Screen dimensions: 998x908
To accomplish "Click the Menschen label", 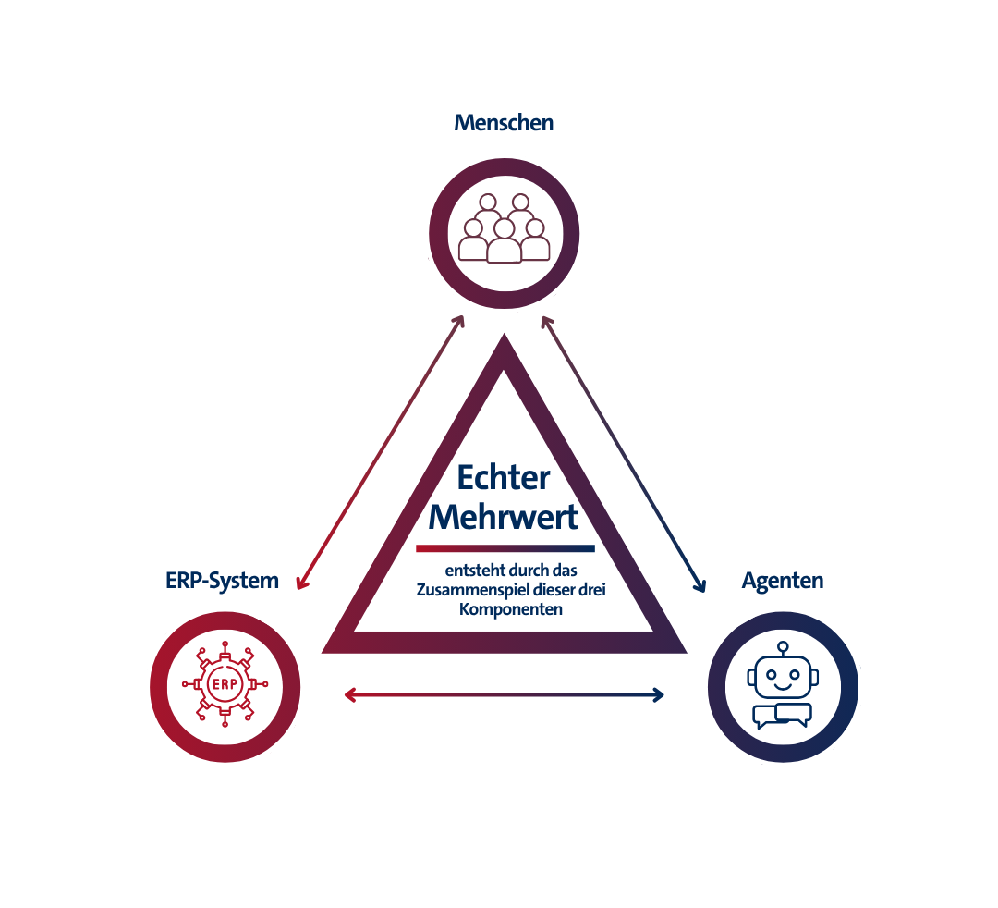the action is click(x=504, y=123).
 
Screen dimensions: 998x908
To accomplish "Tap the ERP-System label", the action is click(x=222, y=581).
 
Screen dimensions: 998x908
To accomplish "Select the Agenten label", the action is click(x=783, y=581).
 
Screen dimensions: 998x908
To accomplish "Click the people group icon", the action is click(x=505, y=228).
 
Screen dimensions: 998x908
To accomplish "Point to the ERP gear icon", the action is click(x=225, y=684).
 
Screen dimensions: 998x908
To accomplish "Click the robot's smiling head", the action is click(x=783, y=676).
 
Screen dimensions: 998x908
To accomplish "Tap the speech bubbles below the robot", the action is click(x=783, y=716).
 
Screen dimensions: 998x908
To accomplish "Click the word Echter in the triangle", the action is click(x=503, y=477).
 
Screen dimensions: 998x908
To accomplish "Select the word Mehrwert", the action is click(x=503, y=516).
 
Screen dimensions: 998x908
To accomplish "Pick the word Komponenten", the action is click(x=511, y=609).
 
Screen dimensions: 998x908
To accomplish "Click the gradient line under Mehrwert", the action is click(x=505, y=548).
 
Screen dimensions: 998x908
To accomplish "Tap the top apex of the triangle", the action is click(x=505, y=335).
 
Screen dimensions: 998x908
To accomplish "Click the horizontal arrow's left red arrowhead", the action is click(x=349, y=694).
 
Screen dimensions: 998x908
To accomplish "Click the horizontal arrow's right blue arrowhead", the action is click(x=659, y=694).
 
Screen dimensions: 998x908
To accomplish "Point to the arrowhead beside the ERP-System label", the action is click(x=301, y=583).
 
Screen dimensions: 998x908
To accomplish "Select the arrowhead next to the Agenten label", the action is click(x=700, y=585).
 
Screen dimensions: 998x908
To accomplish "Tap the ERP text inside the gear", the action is click(x=225, y=684).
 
